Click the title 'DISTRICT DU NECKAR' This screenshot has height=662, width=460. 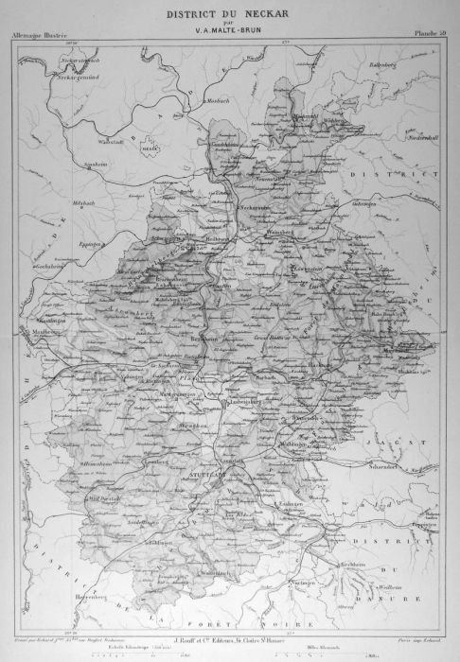(229, 15)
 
